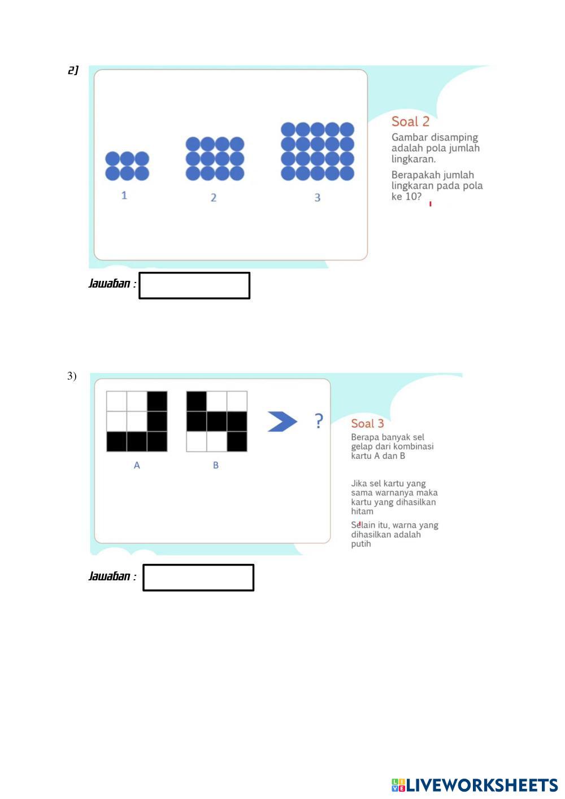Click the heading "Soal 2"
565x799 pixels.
410,121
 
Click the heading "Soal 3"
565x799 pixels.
367,424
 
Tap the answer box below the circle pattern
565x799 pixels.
194,285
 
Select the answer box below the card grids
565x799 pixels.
198,577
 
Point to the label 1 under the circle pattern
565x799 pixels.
124,196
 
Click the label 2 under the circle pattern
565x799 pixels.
214,198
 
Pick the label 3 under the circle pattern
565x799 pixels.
318,198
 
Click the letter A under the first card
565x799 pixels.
137,466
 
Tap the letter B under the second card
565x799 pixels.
216,466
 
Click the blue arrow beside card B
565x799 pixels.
281,422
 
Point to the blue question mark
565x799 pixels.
319,421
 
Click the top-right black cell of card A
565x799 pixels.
157,401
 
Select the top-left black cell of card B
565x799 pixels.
197,401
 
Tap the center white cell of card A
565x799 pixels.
137,422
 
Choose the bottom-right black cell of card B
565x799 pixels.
237,442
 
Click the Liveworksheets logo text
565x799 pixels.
475,785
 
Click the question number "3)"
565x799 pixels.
72,376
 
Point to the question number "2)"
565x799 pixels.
73,71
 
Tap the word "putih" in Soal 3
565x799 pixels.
361,544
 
